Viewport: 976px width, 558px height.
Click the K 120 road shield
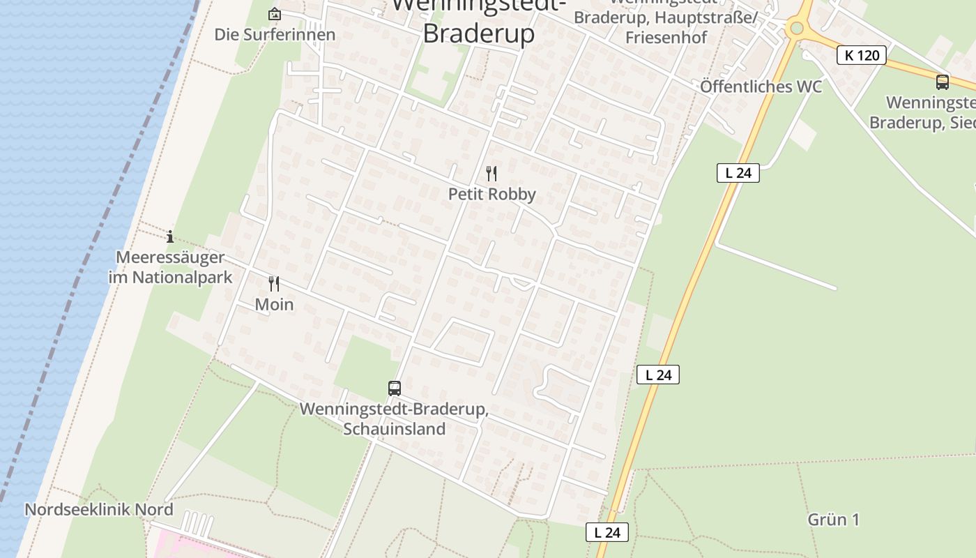pos(862,55)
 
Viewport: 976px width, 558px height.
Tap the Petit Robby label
pos(491,194)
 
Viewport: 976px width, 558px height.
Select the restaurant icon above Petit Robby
pos(491,173)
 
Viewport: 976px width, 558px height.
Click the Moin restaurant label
pos(274,304)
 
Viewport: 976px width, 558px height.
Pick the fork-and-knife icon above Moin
pos(274,283)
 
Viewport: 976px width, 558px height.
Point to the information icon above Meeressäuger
pos(170,236)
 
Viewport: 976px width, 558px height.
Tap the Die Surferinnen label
pos(275,34)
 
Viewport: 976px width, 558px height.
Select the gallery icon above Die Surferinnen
pos(275,14)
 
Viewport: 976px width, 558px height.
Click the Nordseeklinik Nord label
pos(98,509)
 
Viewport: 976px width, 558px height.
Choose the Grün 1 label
pos(833,520)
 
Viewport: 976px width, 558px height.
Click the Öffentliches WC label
pos(761,86)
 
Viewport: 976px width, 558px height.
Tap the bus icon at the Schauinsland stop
pos(395,389)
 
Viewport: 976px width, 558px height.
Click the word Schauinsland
pos(394,428)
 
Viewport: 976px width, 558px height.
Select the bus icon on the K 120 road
pos(943,82)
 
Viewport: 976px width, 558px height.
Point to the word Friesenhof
pos(666,37)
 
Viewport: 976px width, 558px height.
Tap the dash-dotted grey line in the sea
pos(98,251)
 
